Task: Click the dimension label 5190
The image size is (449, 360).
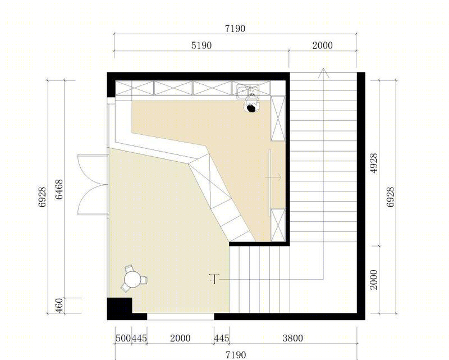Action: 201,45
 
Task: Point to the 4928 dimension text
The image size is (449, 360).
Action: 374,163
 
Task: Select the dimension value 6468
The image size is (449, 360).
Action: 59,189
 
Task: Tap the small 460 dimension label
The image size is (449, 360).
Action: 59,306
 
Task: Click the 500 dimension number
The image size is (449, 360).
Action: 123,338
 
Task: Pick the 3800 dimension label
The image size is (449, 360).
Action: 292,338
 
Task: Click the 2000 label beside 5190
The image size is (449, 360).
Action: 322,45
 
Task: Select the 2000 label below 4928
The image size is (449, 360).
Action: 374,280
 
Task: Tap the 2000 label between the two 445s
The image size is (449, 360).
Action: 180,338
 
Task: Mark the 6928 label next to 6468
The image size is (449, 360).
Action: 43,197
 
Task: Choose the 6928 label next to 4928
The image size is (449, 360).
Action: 390,197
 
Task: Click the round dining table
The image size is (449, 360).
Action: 132,280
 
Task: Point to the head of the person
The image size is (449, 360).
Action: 251,108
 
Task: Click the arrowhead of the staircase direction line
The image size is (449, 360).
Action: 323,73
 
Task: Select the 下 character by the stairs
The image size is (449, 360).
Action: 214,279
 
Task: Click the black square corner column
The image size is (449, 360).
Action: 120,309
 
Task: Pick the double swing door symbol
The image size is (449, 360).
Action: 93,185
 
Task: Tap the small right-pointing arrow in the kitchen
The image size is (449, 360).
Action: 273,177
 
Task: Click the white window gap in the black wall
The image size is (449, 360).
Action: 180,317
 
